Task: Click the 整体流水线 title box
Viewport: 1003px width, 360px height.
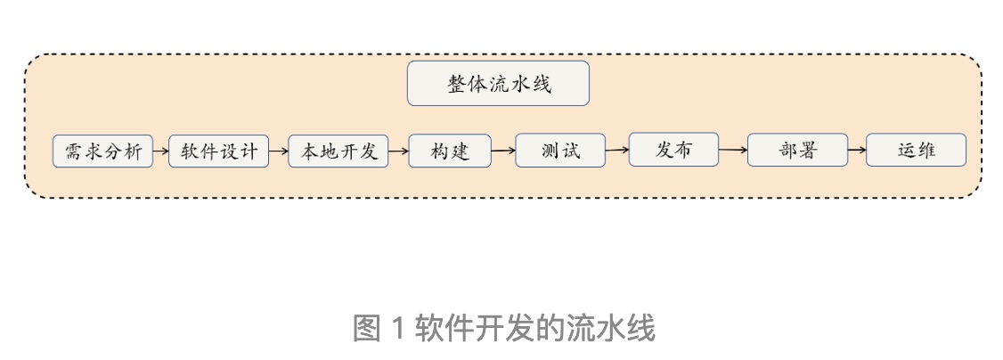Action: (498, 84)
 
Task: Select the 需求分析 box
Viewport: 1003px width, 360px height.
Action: (102, 151)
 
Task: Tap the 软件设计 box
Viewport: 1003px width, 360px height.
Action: (218, 151)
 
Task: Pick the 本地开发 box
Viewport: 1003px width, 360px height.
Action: (338, 151)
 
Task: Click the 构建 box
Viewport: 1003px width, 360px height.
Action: (449, 151)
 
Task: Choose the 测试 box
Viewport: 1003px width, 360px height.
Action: (560, 150)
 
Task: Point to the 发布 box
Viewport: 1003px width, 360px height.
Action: (673, 149)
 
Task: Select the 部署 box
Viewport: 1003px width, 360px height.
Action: (796, 150)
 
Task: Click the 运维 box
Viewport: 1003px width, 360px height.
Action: (916, 150)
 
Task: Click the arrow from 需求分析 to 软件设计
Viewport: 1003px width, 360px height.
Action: (160, 151)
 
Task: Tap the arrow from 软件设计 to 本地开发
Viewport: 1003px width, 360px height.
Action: (278, 151)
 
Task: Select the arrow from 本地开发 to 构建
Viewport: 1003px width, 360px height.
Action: (398, 151)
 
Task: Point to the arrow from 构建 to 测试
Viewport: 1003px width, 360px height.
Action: (503, 151)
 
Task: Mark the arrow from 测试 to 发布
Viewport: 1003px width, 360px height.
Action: (617, 150)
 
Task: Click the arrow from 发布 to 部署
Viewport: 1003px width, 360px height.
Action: (732, 150)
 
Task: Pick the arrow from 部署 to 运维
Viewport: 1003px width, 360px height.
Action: (856, 150)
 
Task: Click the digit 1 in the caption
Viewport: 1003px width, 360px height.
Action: (398, 329)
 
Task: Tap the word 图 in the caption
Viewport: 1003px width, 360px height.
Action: (366, 329)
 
